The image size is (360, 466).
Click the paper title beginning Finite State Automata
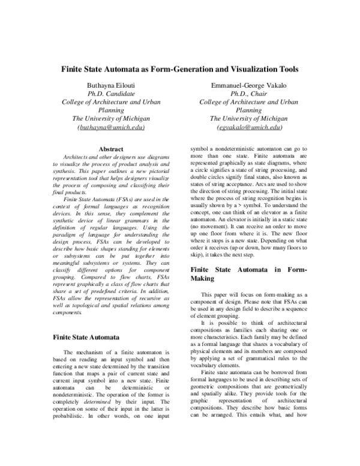[180, 69]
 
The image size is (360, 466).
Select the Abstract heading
[111, 149]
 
